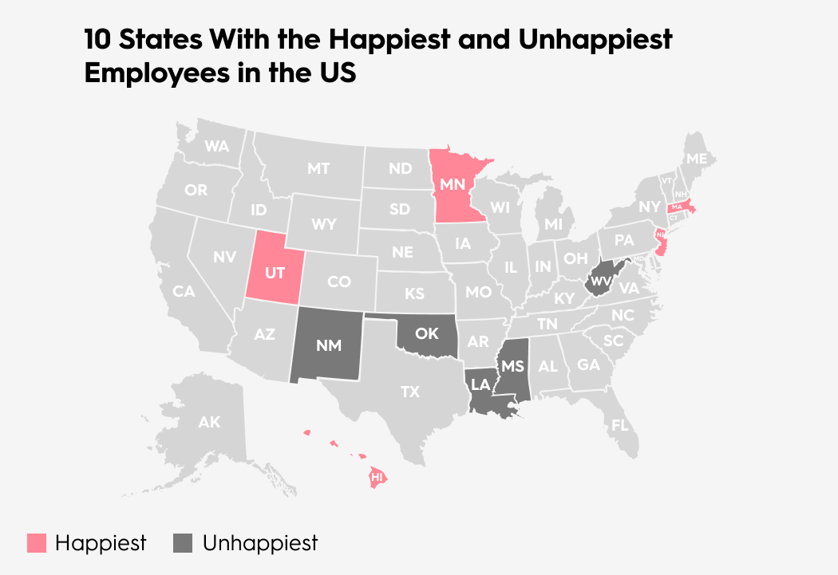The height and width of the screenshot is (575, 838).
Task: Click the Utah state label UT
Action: (275, 273)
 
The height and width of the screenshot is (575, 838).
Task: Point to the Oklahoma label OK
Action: (427, 333)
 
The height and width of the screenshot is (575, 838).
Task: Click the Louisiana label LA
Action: (480, 384)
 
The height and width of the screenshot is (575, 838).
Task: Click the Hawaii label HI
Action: (378, 477)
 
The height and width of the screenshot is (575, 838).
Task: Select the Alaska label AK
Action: (209, 423)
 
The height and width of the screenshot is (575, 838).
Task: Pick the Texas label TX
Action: (409, 392)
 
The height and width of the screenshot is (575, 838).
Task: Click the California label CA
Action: (184, 292)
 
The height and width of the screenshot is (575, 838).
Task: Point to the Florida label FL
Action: (620, 425)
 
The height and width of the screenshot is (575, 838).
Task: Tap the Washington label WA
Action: (216, 147)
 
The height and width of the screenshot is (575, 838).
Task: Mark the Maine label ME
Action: (696, 159)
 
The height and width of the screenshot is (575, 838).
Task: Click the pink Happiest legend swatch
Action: (37, 544)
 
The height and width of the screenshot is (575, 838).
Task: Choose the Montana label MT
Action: (318, 168)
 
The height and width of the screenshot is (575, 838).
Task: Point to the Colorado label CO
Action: (339, 282)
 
